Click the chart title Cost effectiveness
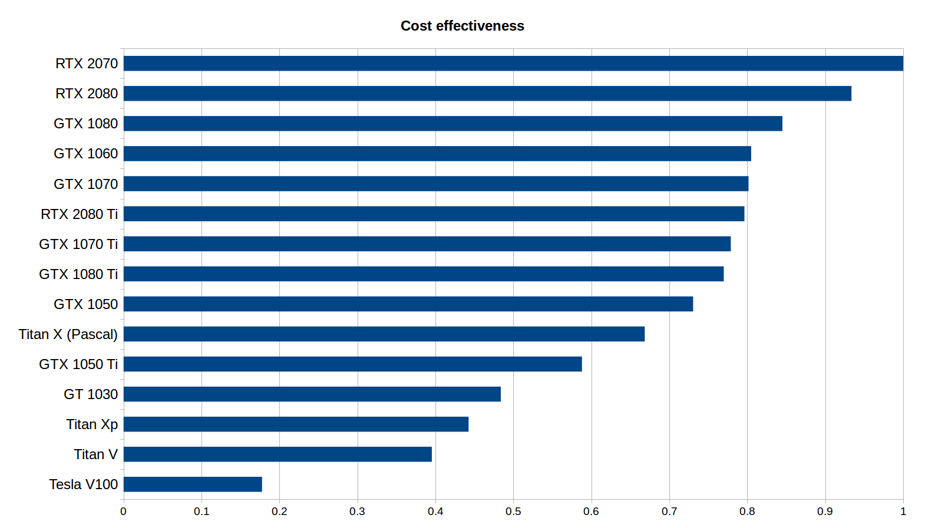(462, 26)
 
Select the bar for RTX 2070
(513, 64)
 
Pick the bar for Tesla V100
(193, 484)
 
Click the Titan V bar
(277, 454)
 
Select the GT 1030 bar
(312, 394)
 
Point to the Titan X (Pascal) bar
(384, 334)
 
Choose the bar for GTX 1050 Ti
(352, 364)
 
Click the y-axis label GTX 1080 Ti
(78, 274)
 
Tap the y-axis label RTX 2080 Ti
(79, 214)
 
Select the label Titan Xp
(92, 424)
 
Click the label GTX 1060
(85, 154)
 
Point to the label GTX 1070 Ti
(78, 244)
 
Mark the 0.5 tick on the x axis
(513, 512)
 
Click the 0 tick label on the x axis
(123, 512)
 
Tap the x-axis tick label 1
(903, 512)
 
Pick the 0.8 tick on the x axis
(747, 512)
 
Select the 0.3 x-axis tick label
(357, 512)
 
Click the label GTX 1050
(85, 304)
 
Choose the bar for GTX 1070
(435, 184)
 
